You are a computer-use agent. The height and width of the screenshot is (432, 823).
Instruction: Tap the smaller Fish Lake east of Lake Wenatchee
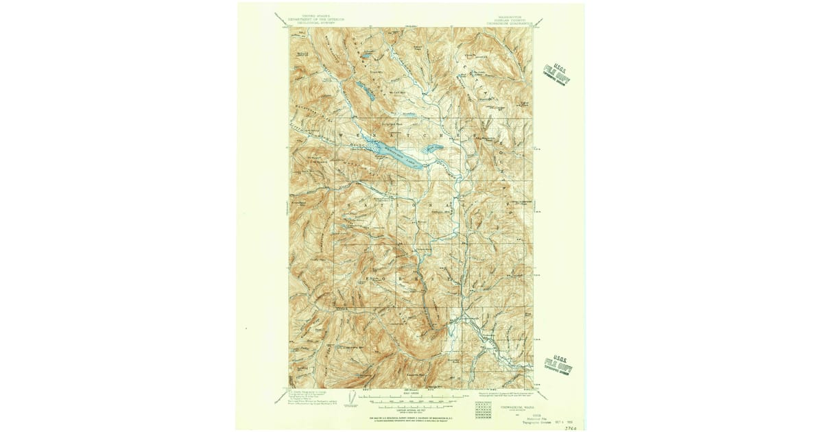(x=433, y=148)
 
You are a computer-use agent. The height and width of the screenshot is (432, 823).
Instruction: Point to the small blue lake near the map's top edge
(x=368, y=53)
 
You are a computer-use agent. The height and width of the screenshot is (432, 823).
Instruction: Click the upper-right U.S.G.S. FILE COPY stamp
(x=556, y=73)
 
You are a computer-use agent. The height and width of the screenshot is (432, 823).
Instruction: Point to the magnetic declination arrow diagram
(x=352, y=397)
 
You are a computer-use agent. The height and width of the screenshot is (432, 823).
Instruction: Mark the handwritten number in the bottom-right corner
(x=569, y=427)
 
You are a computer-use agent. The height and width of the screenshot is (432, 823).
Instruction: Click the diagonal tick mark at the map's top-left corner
(x=281, y=19)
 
